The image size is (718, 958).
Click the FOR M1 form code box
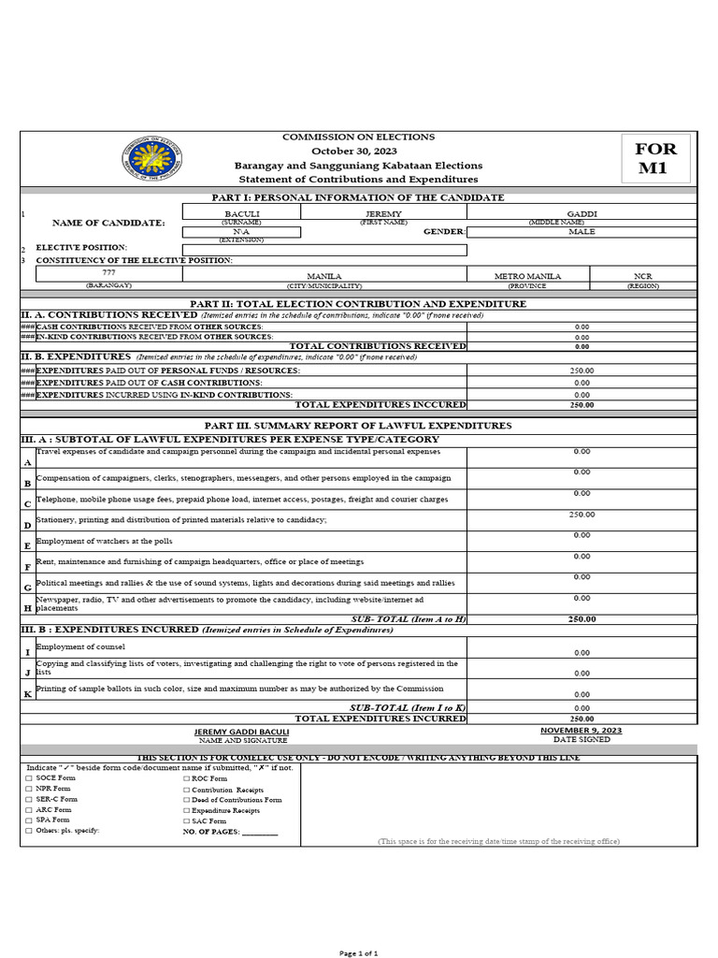tap(655, 157)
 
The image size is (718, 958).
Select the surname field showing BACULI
tap(241, 214)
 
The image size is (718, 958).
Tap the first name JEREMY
tap(382, 214)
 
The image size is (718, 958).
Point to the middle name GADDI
tap(582, 214)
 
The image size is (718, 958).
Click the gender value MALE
tap(582, 231)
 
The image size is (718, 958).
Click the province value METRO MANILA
tap(528, 277)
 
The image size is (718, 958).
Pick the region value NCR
tap(643, 277)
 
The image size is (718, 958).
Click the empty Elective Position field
tap(323, 250)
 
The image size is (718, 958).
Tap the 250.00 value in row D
tap(582, 515)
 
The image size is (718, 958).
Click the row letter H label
tap(27, 608)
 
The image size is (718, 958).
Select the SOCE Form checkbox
tap(29, 778)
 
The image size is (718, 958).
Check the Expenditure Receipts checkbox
tap(186, 810)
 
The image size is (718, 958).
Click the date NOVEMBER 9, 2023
tap(582, 730)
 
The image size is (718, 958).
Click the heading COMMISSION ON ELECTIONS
tap(358, 137)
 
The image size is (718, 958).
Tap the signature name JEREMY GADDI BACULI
tap(241, 731)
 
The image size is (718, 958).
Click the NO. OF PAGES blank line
tap(260, 831)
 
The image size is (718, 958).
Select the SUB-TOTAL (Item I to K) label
tap(408, 708)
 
